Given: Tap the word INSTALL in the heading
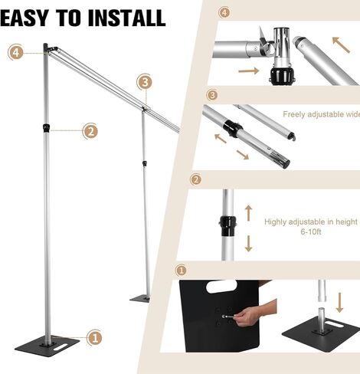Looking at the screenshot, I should click(x=126, y=17).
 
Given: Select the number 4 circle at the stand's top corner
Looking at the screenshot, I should click(x=16, y=52).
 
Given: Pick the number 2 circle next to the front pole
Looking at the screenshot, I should click(x=90, y=131).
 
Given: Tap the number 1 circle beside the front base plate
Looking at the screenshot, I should click(x=94, y=337).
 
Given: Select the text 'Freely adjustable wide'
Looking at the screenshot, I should click(x=320, y=115).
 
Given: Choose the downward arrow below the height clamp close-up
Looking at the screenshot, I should click(x=247, y=244).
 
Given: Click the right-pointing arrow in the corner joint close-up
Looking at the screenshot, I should click(x=248, y=71).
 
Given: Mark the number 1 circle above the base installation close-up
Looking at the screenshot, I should click(x=182, y=271).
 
